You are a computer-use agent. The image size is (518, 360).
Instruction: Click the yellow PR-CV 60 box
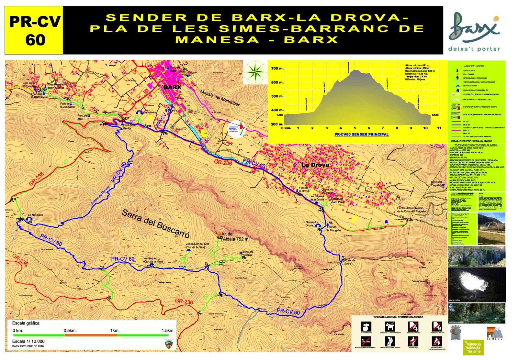click(x=34, y=31)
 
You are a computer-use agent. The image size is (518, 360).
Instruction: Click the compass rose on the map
click(x=255, y=72)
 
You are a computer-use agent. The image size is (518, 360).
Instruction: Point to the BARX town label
click(x=173, y=87)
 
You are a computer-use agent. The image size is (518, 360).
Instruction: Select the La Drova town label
click(x=315, y=165)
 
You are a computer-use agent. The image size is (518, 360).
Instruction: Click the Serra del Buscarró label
click(x=155, y=223)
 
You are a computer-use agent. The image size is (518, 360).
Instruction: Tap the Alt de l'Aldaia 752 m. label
click(x=235, y=236)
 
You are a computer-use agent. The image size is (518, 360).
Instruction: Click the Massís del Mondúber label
click(x=220, y=98)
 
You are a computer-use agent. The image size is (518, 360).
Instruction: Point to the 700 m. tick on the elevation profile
click(x=277, y=68)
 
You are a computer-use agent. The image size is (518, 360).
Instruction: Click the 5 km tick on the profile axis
click(x=355, y=128)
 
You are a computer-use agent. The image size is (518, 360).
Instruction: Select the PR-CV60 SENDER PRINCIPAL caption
click(x=361, y=134)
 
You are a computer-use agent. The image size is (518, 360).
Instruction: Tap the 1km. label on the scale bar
click(x=115, y=331)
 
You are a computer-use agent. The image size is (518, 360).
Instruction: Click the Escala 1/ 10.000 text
click(x=28, y=341)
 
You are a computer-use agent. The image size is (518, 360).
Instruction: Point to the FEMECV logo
click(x=495, y=333)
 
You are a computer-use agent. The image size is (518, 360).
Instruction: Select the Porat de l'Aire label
click(x=350, y=262)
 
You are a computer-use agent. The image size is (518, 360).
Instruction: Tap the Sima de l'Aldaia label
click(x=248, y=253)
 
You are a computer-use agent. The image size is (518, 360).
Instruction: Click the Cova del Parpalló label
click(x=436, y=183)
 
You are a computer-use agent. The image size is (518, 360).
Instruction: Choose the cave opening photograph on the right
click(x=477, y=285)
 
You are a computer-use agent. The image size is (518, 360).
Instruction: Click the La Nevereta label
click(x=35, y=215)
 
